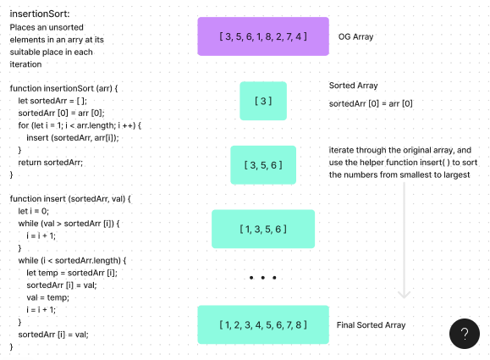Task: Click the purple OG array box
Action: click(263, 36)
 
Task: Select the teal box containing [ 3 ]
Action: click(263, 101)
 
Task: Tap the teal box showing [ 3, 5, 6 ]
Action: click(263, 165)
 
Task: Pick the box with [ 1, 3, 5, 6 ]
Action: click(263, 229)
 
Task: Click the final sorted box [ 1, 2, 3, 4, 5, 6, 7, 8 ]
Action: click(263, 324)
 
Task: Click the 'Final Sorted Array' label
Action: click(371, 325)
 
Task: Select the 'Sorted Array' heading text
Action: click(353, 86)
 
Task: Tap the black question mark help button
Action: click(464, 334)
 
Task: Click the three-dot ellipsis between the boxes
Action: click(263, 277)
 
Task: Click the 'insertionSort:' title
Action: click(41, 14)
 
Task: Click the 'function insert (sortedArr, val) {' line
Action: click(71, 198)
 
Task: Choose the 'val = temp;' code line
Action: click(47, 297)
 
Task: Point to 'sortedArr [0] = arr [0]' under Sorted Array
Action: click(371, 103)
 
